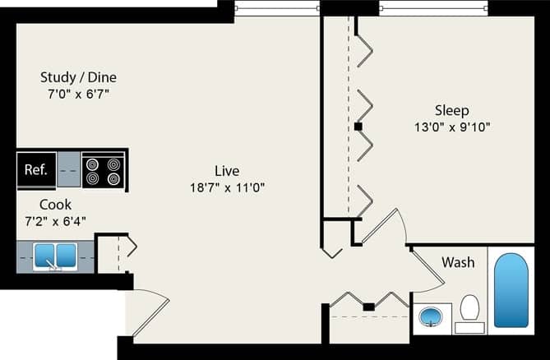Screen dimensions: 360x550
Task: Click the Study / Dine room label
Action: (78, 77)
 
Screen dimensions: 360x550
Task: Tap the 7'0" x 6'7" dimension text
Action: (78, 94)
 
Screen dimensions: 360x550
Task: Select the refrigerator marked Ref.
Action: (36, 170)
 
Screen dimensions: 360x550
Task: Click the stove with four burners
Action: (103, 170)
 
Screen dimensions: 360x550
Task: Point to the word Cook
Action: (55, 204)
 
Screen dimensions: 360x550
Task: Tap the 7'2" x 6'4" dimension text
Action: (55, 220)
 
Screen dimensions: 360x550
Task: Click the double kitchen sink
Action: (54, 256)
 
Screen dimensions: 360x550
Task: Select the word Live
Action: (227, 171)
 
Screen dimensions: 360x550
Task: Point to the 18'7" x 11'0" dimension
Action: (227, 187)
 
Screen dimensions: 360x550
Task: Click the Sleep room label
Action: (452, 110)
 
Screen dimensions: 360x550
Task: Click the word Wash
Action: (458, 263)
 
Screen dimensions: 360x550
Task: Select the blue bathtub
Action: (511, 289)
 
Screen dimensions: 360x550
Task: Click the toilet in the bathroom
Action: (469, 311)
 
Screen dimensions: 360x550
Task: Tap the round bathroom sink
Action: (430, 316)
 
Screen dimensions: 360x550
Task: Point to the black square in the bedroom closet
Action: (358, 127)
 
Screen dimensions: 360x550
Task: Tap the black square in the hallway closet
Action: (369, 307)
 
